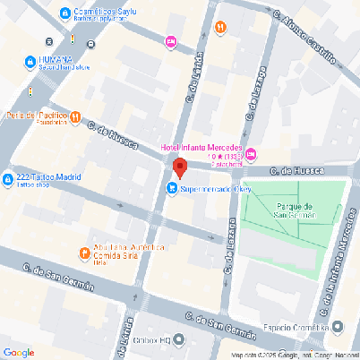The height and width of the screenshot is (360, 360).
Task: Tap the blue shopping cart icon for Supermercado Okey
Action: (x=171, y=189)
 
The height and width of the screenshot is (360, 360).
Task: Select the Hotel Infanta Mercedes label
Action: (x=201, y=148)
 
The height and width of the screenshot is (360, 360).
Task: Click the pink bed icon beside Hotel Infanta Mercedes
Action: (x=251, y=156)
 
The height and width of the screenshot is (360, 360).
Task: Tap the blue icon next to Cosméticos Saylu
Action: (x=65, y=13)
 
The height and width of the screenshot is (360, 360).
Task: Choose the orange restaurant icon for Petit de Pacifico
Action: (x=76, y=116)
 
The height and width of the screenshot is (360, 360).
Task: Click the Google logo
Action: (x=19, y=352)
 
